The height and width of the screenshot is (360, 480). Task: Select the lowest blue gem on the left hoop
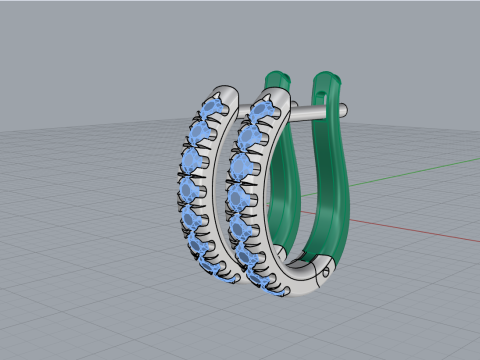(x=213, y=266)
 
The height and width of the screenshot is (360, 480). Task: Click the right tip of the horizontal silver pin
(x=343, y=108)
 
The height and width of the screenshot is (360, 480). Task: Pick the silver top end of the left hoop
(x=229, y=93)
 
